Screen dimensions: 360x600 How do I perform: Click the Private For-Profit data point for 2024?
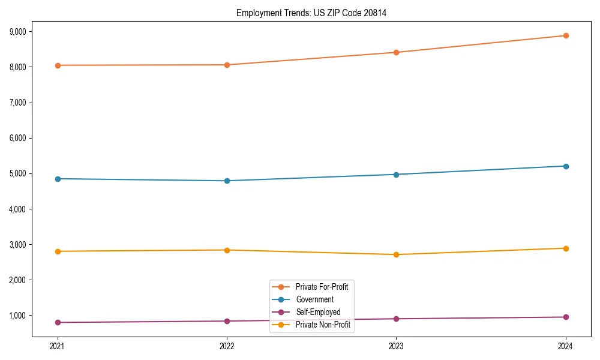click(x=566, y=35)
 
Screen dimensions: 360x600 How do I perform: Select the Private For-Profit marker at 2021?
click(x=58, y=65)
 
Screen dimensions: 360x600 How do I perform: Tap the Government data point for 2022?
click(x=227, y=181)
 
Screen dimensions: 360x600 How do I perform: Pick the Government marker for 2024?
click(x=566, y=166)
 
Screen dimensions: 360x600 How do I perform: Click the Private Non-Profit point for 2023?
click(x=396, y=254)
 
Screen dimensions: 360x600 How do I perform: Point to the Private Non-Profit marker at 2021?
click(x=58, y=251)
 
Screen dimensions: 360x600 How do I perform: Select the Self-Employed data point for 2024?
click(x=566, y=317)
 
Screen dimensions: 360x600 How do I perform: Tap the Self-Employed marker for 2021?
click(x=58, y=322)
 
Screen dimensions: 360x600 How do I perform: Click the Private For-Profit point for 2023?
click(x=396, y=52)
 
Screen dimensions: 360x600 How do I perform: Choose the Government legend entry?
click(x=314, y=299)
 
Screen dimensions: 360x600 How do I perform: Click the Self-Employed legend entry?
click(x=318, y=312)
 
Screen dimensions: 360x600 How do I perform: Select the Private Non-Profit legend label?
click(x=323, y=325)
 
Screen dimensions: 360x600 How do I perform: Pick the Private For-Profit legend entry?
click(x=322, y=287)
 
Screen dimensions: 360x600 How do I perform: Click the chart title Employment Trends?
click(x=311, y=13)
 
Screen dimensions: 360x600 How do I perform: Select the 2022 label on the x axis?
click(x=227, y=346)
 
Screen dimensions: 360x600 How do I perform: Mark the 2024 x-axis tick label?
click(x=566, y=346)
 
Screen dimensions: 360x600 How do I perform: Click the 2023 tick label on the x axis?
click(x=396, y=346)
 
